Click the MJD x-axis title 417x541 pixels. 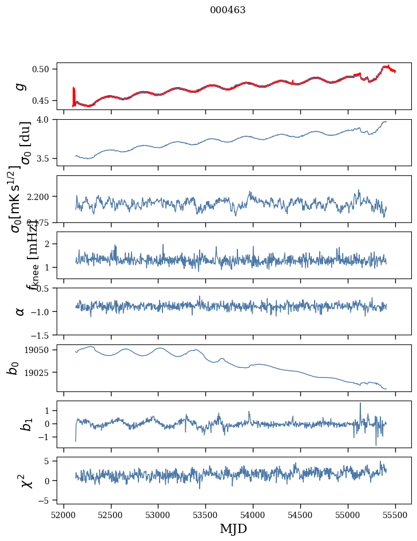pos(233,528)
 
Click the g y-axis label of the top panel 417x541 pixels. pos(21,86)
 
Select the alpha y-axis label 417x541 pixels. pos(21,311)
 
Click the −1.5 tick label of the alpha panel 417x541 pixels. pos(43,335)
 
